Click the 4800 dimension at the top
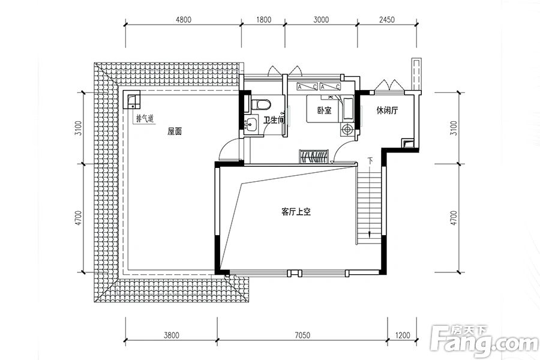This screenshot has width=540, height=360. coord(183,20)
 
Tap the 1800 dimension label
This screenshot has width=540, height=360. coord(263,20)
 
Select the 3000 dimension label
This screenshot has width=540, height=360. coord(321,20)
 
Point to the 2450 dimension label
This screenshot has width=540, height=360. coord(387,20)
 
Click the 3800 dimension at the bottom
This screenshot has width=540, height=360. coord(171,335)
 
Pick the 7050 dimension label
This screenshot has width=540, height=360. coord(302,335)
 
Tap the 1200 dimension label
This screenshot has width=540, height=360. coord(402,335)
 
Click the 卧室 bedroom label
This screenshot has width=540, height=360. coord(325,110)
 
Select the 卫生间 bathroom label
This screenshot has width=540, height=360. coord(274,120)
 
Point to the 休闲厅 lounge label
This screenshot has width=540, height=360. coord(387,110)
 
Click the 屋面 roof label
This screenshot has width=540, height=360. coord(175,131)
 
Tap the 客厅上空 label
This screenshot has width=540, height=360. coord(296,212)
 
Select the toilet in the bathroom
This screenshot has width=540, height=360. coord(261,104)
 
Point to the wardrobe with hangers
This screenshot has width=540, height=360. coord(313,157)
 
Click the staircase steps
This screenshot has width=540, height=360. coord(369,205)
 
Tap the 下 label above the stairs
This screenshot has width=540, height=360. coord(370,160)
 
